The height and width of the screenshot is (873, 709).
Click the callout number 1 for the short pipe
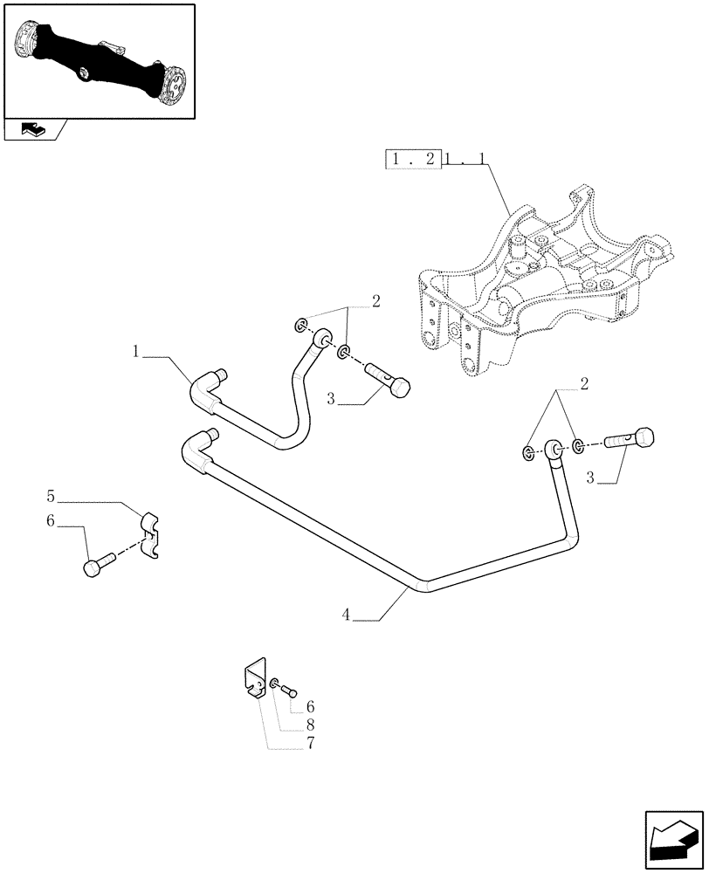137,352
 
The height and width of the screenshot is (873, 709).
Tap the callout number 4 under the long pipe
347,615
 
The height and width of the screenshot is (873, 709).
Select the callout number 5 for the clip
52,497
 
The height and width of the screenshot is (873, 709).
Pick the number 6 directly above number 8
310,706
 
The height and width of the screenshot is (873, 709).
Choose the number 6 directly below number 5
52,520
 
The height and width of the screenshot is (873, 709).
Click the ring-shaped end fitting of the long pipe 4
553,450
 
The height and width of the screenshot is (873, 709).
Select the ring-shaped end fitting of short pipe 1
322,337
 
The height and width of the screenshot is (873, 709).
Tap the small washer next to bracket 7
276,683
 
